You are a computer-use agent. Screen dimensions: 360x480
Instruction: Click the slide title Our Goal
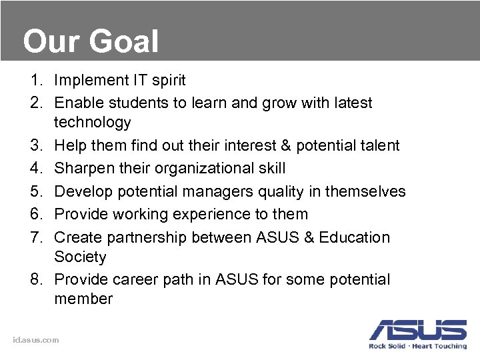tap(91, 41)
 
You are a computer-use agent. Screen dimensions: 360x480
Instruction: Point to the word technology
tap(93, 123)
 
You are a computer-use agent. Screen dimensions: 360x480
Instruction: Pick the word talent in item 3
tap(378, 145)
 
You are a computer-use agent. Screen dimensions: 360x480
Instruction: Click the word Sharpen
tap(83, 168)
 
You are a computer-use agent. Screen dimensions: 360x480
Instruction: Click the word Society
tap(80, 257)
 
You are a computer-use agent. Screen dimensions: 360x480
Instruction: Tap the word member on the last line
tap(83, 299)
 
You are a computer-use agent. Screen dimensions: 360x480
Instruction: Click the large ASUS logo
tap(418, 329)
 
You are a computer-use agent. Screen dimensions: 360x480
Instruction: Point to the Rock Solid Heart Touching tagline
tap(418, 346)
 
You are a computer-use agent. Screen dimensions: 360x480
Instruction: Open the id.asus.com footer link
tap(36, 340)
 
